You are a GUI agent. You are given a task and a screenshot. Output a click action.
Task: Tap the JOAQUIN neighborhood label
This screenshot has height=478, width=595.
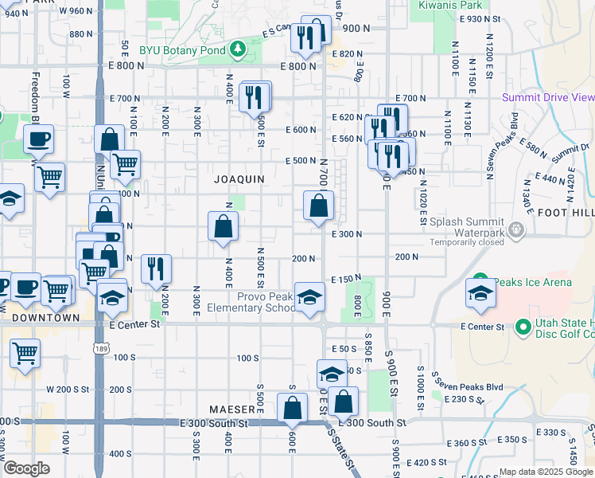click(239, 179)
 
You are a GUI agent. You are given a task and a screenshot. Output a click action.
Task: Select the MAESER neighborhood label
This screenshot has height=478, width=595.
click(231, 409)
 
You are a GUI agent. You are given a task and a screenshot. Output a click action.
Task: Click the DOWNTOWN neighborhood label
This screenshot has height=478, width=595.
click(46, 317)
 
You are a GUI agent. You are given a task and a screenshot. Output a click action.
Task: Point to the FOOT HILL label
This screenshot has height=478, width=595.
click(566, 213)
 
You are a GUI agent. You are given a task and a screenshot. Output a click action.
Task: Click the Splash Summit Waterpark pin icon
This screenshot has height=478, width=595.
click(517, 230)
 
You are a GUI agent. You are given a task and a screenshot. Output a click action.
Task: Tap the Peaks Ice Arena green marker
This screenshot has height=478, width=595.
click(480, 282)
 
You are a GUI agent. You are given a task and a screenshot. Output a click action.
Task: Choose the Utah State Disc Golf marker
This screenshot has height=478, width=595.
click(523, 327)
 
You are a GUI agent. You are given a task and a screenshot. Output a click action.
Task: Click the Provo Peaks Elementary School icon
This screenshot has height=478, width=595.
click(309, 298)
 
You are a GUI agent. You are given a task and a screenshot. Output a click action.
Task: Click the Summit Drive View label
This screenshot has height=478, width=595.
click(548, 97)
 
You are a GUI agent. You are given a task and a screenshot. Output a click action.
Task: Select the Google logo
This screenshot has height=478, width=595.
click(25, 468)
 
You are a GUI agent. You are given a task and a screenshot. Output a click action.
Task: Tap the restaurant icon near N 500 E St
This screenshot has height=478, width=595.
click(255, 97)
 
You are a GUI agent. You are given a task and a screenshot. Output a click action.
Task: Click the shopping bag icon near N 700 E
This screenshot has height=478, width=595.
click(318, 206)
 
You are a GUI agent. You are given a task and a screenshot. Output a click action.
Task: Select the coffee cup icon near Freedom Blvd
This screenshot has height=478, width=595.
click(37, 140)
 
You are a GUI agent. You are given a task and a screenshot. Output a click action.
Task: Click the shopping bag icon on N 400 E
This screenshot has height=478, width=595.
click(224, 226)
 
